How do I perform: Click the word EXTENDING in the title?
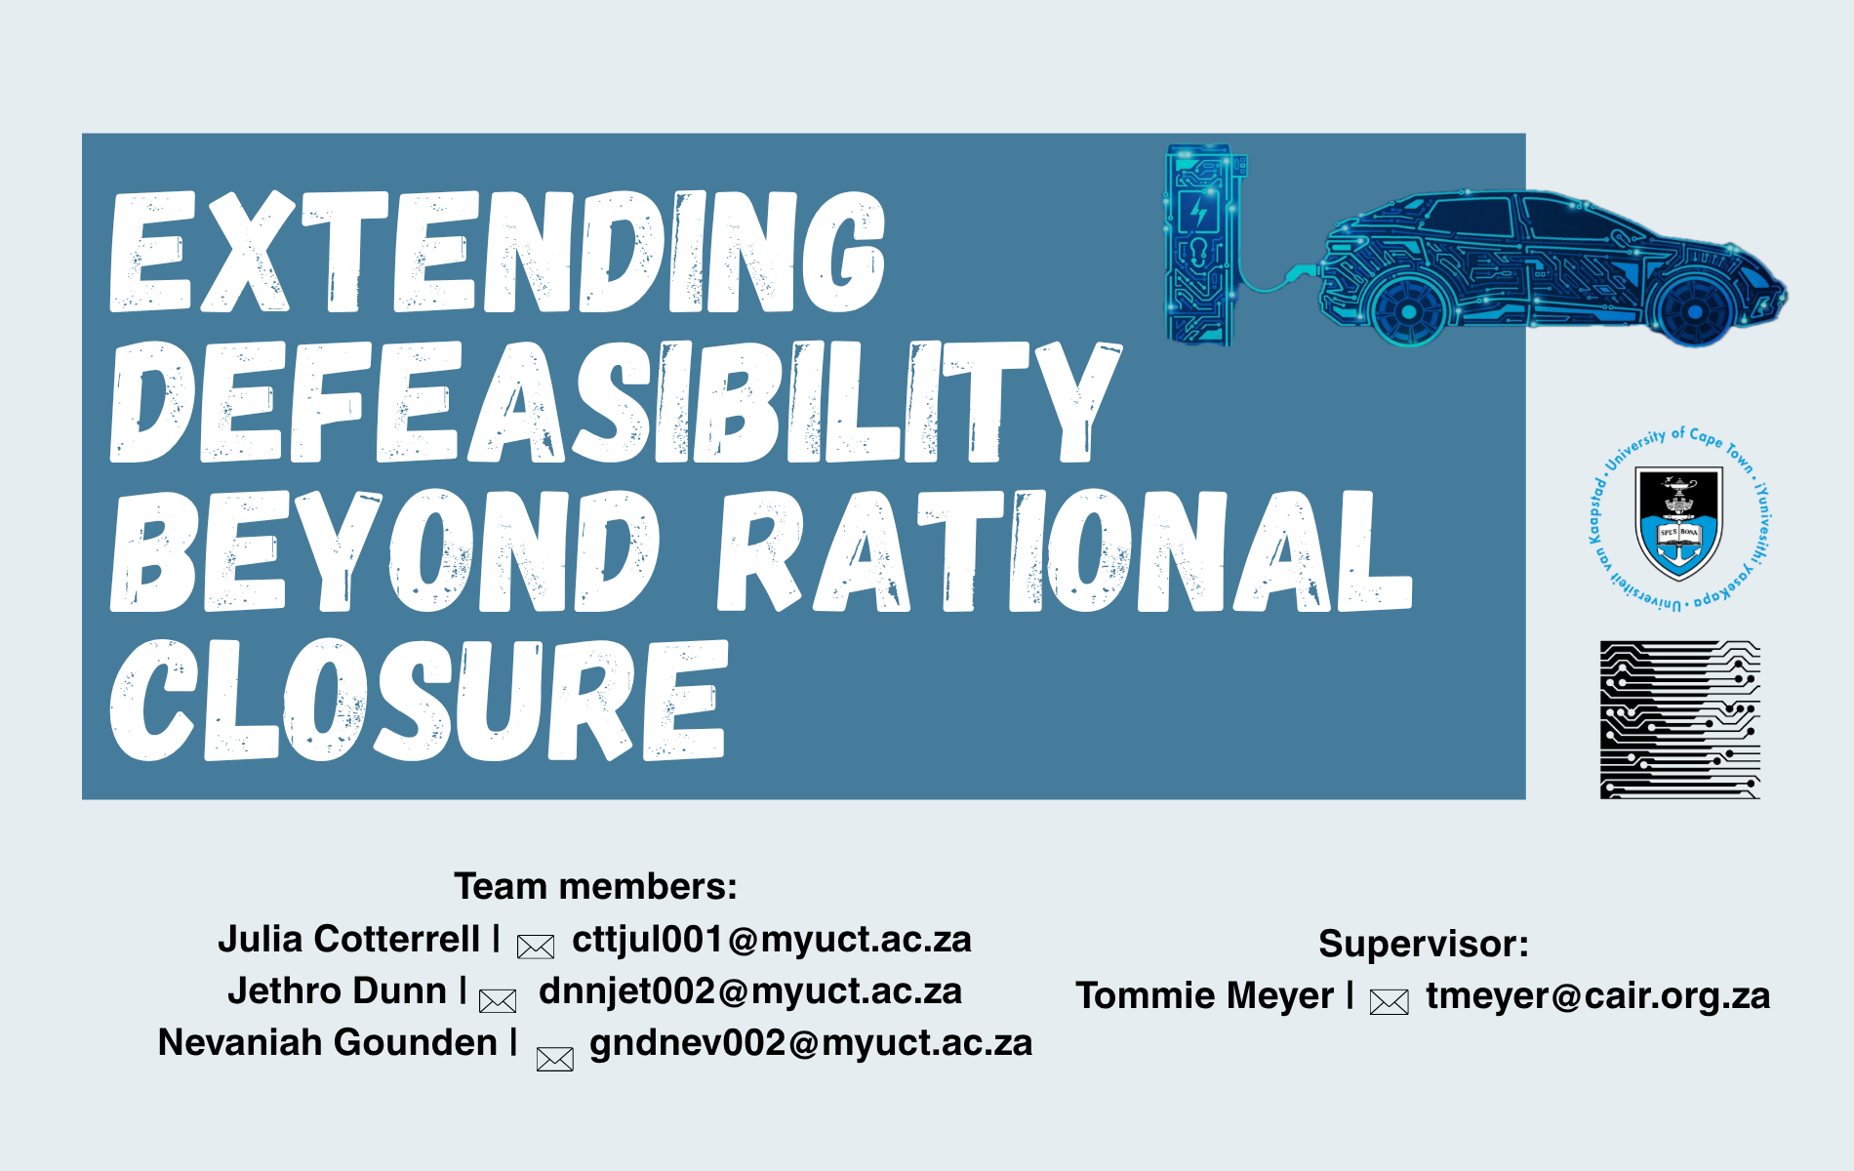pyautogui.click(x=498, y=252)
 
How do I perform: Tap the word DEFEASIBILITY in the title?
pyautogui.click(x=616, y=401)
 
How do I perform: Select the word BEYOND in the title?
pyautogui.click(x=384, y=550)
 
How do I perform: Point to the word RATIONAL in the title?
pyautogui.click(x=1065, y=550)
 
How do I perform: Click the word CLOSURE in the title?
pyautogui.click(x=419, y=700)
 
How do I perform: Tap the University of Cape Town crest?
pyautogui.click(x=1679, y=519)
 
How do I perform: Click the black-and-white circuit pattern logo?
pyautogui.click(x=1679, y=720)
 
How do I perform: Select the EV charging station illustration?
pyautogui.click(x=1204, y=245)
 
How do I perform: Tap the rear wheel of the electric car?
pyautogui.click(x=1408, y=311)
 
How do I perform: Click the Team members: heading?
pyautogui.click(x=595, y=886)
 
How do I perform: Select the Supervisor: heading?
pyautogui.click(x=1424, y=944)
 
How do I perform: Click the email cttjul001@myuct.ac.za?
pyautogui.click(x=772, y=939)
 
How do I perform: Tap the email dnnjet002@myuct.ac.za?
pyautogui.click(x=750, y=990)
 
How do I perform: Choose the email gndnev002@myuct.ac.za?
pyautogui.click(x=811, y=1043)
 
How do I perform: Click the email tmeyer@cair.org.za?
pyautogui.click(x=1598, y=995)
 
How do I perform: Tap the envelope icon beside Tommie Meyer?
pyautogui.click(x=1390, y=1001)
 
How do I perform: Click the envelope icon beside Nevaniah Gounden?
pyautogui.click(x=555, y=1059)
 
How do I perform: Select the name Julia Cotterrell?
pyautogui.click(x=348, y=939)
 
